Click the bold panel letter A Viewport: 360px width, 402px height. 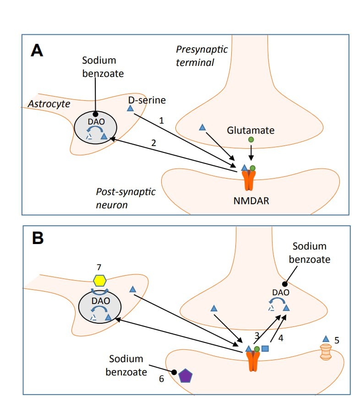click(x=37, y=50)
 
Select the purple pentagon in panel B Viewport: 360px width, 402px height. click(x=185, y=375)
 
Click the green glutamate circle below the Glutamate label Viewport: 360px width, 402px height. click(x=251, y=139)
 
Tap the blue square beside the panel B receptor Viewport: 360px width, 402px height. click(x=265, y=349)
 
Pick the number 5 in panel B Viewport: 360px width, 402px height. click(x=337, y=340)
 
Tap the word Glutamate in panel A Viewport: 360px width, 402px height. click(x=251, y=130)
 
